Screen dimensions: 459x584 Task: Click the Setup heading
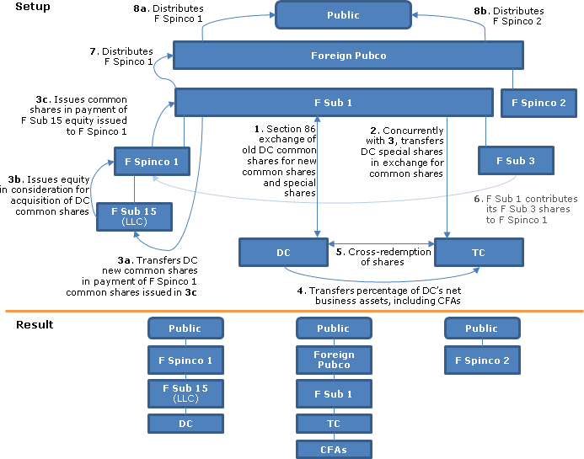[33, 7]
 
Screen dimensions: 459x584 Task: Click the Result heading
[35, 324]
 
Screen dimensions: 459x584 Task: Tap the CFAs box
[333, 449]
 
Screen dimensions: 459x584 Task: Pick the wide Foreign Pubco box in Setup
[348, 56]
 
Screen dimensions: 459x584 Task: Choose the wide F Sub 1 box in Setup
[333, 103]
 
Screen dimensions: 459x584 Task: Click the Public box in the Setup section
[343, 14]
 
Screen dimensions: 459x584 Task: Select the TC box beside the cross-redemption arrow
[479, 252]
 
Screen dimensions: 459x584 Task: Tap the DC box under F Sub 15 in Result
[185, 424]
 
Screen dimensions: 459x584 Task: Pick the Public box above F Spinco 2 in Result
[481, 328]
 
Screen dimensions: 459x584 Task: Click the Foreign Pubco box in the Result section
[333, 360]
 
